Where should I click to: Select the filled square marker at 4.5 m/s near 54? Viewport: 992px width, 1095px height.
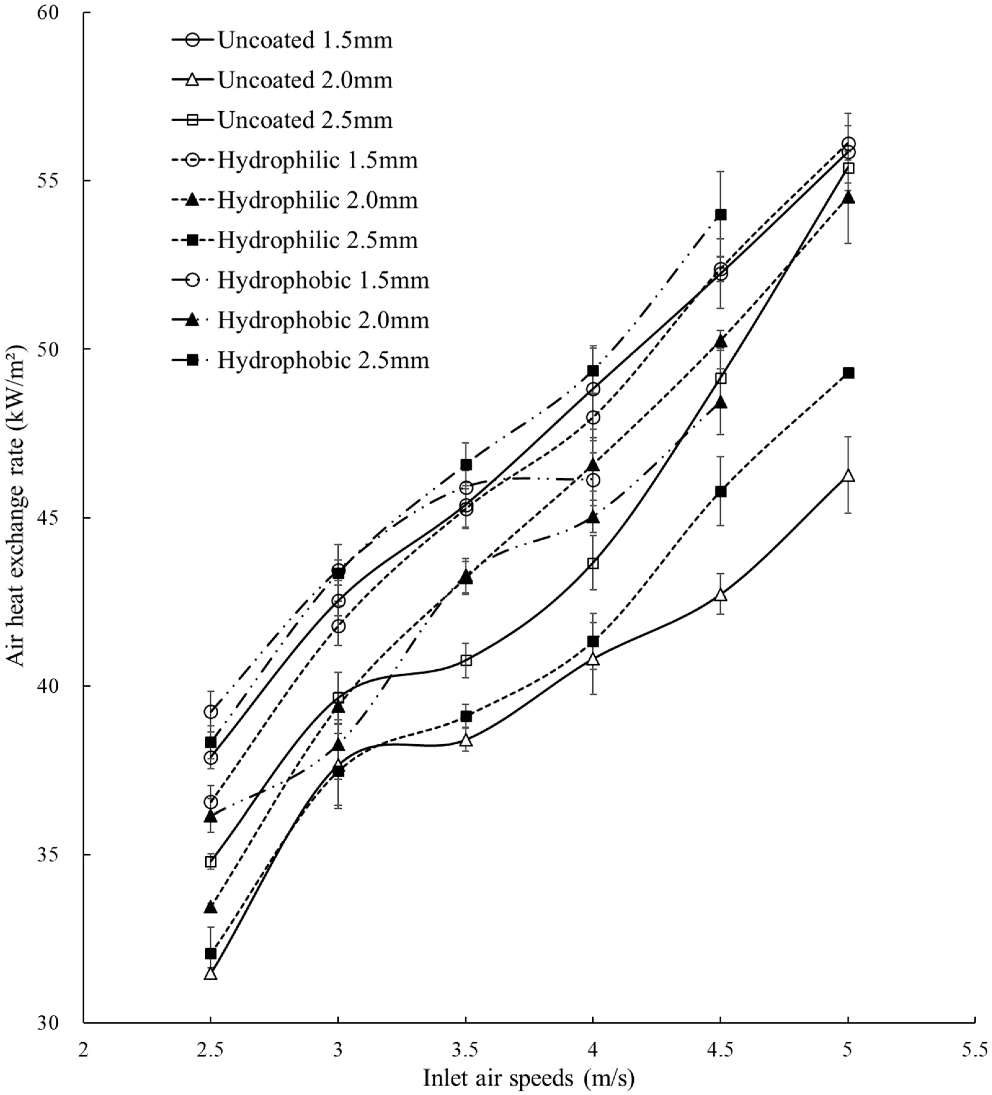pos(720,215)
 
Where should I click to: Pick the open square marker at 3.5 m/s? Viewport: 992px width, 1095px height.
pos(465,660)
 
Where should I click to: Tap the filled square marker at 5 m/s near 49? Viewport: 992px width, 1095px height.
pos(848,373)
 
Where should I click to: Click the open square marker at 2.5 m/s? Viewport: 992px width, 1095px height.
pos(211,862)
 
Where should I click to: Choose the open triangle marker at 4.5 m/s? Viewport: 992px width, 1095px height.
pos(720,595)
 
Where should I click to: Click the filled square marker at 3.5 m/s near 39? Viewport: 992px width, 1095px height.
pos(465,716)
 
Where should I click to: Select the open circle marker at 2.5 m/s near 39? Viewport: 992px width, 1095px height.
pos(211,712)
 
